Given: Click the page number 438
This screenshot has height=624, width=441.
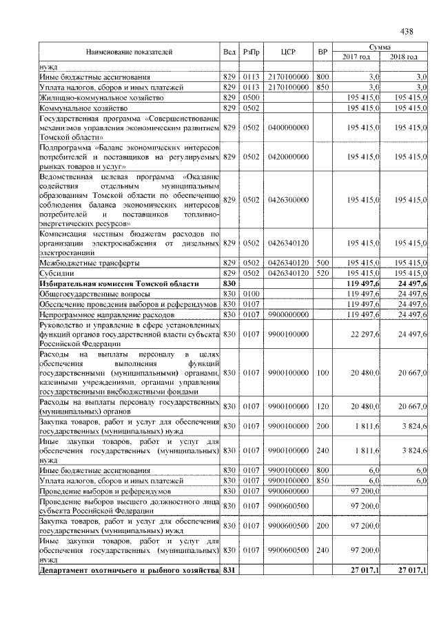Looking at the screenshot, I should (406, 30).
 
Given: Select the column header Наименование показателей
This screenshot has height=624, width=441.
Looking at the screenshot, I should (129, 52).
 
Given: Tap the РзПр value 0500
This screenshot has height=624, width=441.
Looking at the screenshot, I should (250, 99).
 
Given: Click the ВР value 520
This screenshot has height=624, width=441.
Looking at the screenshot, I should (321, 274).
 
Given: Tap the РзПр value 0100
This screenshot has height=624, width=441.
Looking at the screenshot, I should (250, 294).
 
